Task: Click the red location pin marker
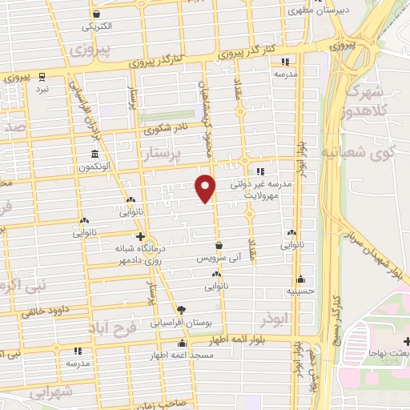tap(206, 188)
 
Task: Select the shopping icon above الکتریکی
tap(96, 14)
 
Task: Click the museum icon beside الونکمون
tap(95, 153)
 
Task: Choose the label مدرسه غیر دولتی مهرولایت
tap(265, 188)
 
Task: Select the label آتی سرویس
tap(217, 259)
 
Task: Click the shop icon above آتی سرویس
tap(218, 246)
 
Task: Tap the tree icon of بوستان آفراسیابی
tap(182, 308)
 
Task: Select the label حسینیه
tap(299, 292)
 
